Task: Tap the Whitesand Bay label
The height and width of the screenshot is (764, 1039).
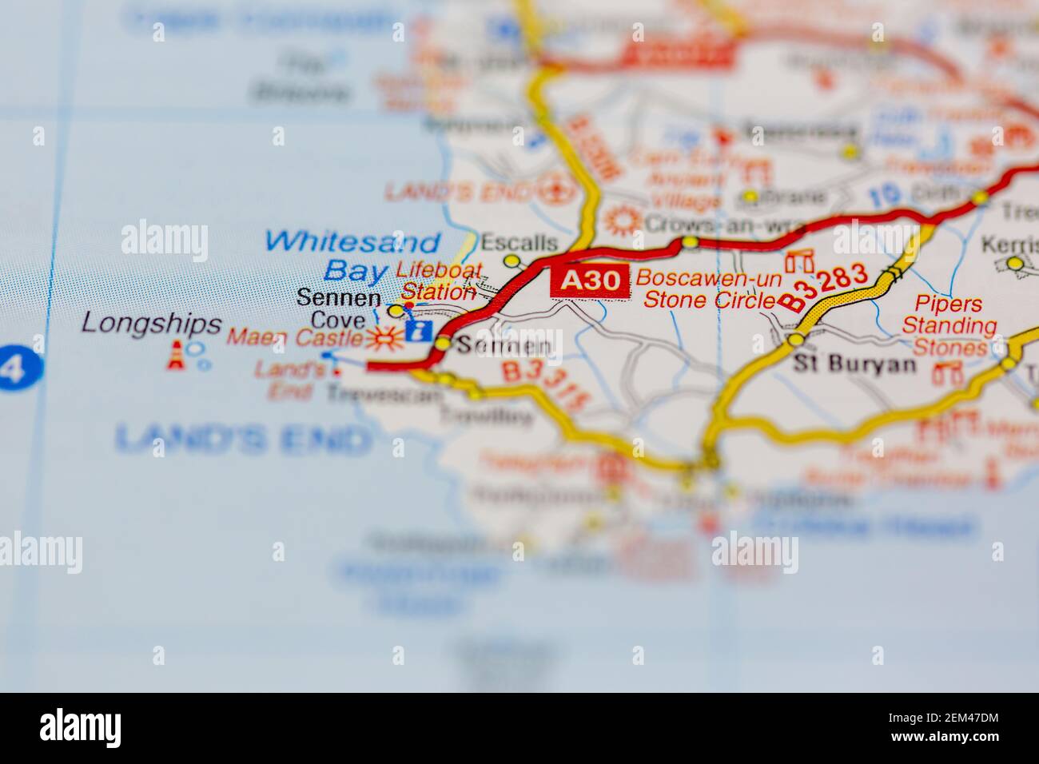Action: click(352, 254)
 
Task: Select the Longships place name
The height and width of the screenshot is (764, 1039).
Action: click(140, 324)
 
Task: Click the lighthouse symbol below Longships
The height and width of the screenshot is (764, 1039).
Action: click(175, 356)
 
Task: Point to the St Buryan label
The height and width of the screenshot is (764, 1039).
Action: click(843, 364)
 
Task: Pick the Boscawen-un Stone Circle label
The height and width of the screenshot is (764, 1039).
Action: click(707, 289)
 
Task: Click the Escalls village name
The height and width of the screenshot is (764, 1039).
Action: click(518, 241)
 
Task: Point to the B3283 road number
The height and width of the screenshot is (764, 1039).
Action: click(824, 286)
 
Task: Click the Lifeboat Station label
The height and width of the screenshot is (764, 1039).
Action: click(438, 281)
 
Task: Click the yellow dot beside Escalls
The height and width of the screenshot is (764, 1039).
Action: click(512, 261)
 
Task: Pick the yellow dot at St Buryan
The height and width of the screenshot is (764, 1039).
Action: click(795, 340)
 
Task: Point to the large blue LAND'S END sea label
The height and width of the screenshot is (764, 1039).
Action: click(243, 437)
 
